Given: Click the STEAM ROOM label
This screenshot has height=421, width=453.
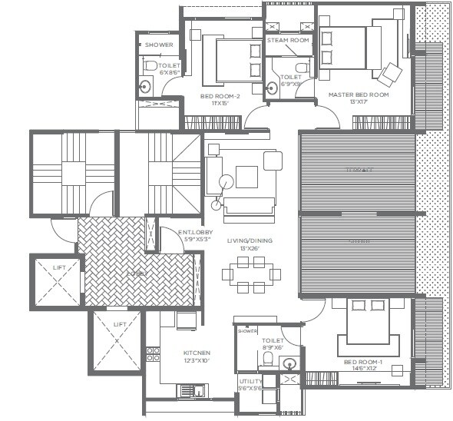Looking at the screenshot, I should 288,40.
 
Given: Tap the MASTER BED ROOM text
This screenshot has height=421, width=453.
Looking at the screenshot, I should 359,94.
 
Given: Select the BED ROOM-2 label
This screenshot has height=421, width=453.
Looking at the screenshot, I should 220,96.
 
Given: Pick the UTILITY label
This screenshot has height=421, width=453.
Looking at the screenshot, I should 251,381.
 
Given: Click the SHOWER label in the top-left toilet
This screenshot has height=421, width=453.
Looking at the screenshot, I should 159,45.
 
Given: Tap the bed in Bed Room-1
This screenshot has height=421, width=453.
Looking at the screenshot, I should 367,326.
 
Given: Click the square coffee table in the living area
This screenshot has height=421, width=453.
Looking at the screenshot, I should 246,177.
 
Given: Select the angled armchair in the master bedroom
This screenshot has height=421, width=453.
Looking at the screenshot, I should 390,74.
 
